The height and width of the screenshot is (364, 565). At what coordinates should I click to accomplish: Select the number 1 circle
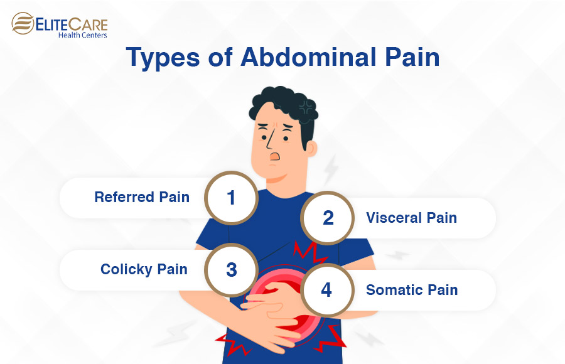pos(231,198)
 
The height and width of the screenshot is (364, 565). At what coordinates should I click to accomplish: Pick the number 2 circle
pos(328,218)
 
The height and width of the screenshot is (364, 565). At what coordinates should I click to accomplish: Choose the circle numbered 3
pos(231,270)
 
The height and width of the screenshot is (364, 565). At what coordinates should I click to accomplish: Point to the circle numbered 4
pos(326,290)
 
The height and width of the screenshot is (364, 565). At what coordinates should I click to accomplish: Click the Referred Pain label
pos(142,197)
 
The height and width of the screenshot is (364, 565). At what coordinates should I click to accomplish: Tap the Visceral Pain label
pos(411,218)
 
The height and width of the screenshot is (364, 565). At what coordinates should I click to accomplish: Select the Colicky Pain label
pos(144,269)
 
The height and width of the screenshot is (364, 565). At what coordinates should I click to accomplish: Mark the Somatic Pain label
pos(412,290)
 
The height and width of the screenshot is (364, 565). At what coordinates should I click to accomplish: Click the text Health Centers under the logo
pos(81,35)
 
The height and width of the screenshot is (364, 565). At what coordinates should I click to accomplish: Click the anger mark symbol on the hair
pos(306,106)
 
